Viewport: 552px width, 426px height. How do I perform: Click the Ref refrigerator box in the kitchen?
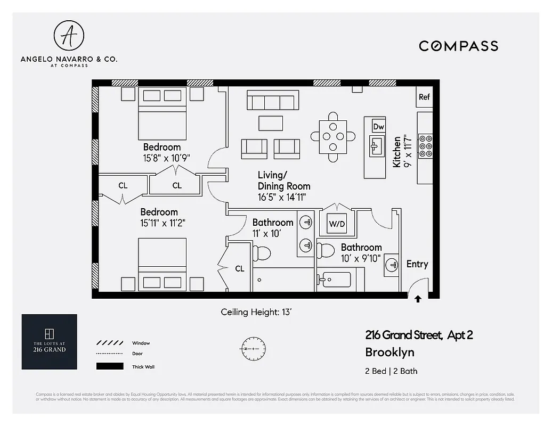[x=424, y=97]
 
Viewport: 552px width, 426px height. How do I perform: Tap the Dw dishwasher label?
[x=378, y=127]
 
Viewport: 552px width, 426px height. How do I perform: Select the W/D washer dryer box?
[x=337, y=224]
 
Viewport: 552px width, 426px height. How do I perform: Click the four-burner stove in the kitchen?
[x=425, y=145]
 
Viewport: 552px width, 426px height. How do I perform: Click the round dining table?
[x=333, y=137]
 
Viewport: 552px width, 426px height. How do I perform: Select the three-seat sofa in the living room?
[x=273, y=100]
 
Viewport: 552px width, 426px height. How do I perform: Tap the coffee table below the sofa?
[x=271, y=123]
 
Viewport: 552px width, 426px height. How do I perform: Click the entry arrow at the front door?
[x=418, y=299]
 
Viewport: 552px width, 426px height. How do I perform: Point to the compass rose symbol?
[x=250, y=348]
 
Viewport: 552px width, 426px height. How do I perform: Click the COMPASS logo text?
[x=458, y=46]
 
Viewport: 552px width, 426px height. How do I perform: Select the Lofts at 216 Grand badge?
[x=49, y=342]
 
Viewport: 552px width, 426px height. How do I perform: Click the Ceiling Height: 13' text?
[x=257, y=312]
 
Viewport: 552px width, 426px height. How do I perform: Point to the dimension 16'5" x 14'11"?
[x=282, y=197]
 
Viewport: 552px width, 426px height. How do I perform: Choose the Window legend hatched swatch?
[x=109, y=343]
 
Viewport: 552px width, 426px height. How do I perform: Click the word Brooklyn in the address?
[x=389, y=353]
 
